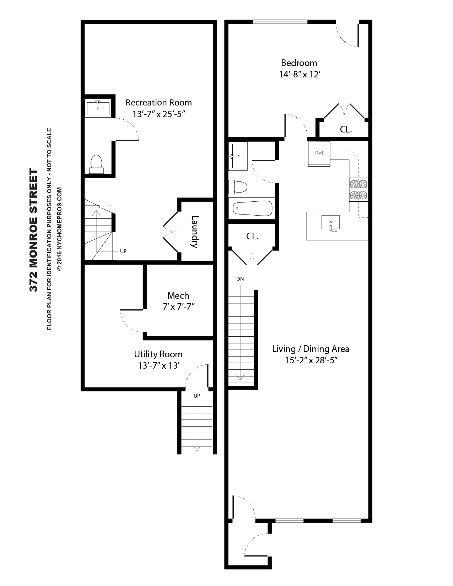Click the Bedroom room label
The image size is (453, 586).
(x=299, y=63)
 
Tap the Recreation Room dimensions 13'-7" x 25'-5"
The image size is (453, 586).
(x=159, y=114)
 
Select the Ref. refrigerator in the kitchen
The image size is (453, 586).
(x=319, y=153)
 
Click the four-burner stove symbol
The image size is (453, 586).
(x=358, y=189)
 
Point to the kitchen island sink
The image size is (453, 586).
(x=330, y=223)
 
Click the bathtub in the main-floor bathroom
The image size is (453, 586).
(x=253, y=208)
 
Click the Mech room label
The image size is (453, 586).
(x=178, y=295)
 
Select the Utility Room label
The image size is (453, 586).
(x=158, y=354)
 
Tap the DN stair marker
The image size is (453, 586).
(x=240, y=279)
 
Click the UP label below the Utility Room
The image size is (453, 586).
(x=196, y=396)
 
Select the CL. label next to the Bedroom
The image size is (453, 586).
(x=346, y=130)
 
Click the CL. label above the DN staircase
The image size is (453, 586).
(x=252, y=237)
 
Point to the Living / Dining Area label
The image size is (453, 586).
(x=311, y=349)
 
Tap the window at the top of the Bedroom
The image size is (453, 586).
(x=280, y=22)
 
